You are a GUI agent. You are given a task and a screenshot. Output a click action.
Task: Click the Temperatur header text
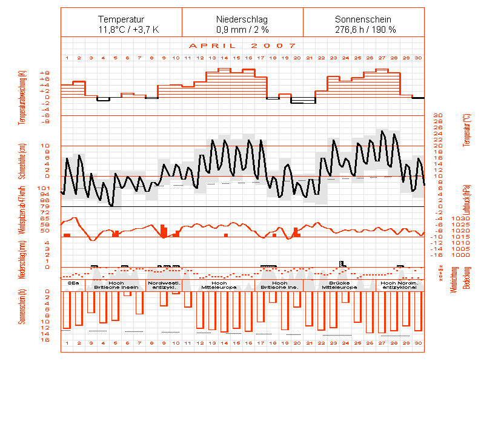[x=121, y=19]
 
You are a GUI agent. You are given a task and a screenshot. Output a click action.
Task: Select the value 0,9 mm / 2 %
[x=242, y=29]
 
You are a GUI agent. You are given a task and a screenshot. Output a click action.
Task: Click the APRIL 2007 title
[x=242, y=46]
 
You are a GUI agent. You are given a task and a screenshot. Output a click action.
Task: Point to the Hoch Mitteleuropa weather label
[x=218, y=285]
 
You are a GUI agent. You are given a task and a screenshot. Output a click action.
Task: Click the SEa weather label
[x=73, y=283]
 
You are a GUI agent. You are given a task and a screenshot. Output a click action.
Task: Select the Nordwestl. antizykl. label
[x=164, y=285]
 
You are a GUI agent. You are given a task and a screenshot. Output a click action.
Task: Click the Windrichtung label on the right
[x=454, y=280]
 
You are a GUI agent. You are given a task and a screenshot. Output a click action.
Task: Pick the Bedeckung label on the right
[x=466, y=278]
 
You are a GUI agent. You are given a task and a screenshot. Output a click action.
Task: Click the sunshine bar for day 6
[x=127, y=294]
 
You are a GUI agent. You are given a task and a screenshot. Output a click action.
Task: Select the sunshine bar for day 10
[x=176, y=293]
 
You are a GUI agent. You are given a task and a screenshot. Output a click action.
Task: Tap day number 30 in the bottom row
[x=418, y=343]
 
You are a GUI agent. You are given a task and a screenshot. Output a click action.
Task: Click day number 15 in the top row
[x=236, y=58]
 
